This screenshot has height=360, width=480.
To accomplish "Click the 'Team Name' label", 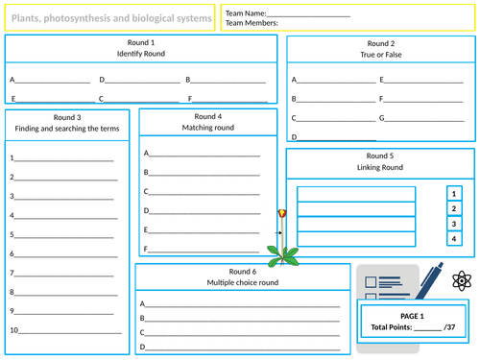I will click(x=247, y=13).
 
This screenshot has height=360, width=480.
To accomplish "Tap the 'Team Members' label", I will click(x=252, y=23).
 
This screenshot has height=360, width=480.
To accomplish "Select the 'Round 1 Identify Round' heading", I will click(x=141, y=49).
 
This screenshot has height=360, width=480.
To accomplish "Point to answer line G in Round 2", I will click(x=419, y=119).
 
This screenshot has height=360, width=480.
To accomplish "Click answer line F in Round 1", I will click(x=228, y=99).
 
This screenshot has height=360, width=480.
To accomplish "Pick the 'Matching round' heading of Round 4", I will click(x=207, y=128).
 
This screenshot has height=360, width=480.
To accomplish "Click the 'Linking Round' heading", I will click(x=379, y=167).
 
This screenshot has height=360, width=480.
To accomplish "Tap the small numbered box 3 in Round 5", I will click(x=455, y=223).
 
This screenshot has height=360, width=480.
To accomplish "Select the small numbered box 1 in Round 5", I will click(x=455, y=192).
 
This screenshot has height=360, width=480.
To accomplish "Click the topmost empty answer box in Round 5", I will click(x=356, y=195).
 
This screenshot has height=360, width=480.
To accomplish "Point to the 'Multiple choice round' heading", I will click(x=242, y=283).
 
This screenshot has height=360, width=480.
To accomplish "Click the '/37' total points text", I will click(x=443, y=327).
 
